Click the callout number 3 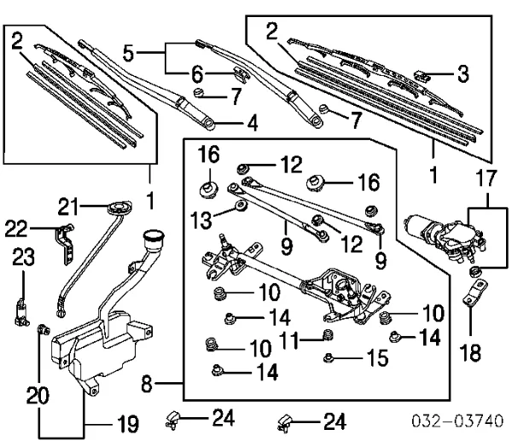click(x=463, y=74)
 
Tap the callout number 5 click(x=128, y=53)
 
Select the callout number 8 click(x=146, y=386)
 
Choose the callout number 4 click(x=251, y=124)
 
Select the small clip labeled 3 click(x=423, y=75)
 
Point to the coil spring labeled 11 click(x=325, y=334)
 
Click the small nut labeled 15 click(x=327, y=357)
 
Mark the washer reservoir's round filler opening click(x=155, y=235)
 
